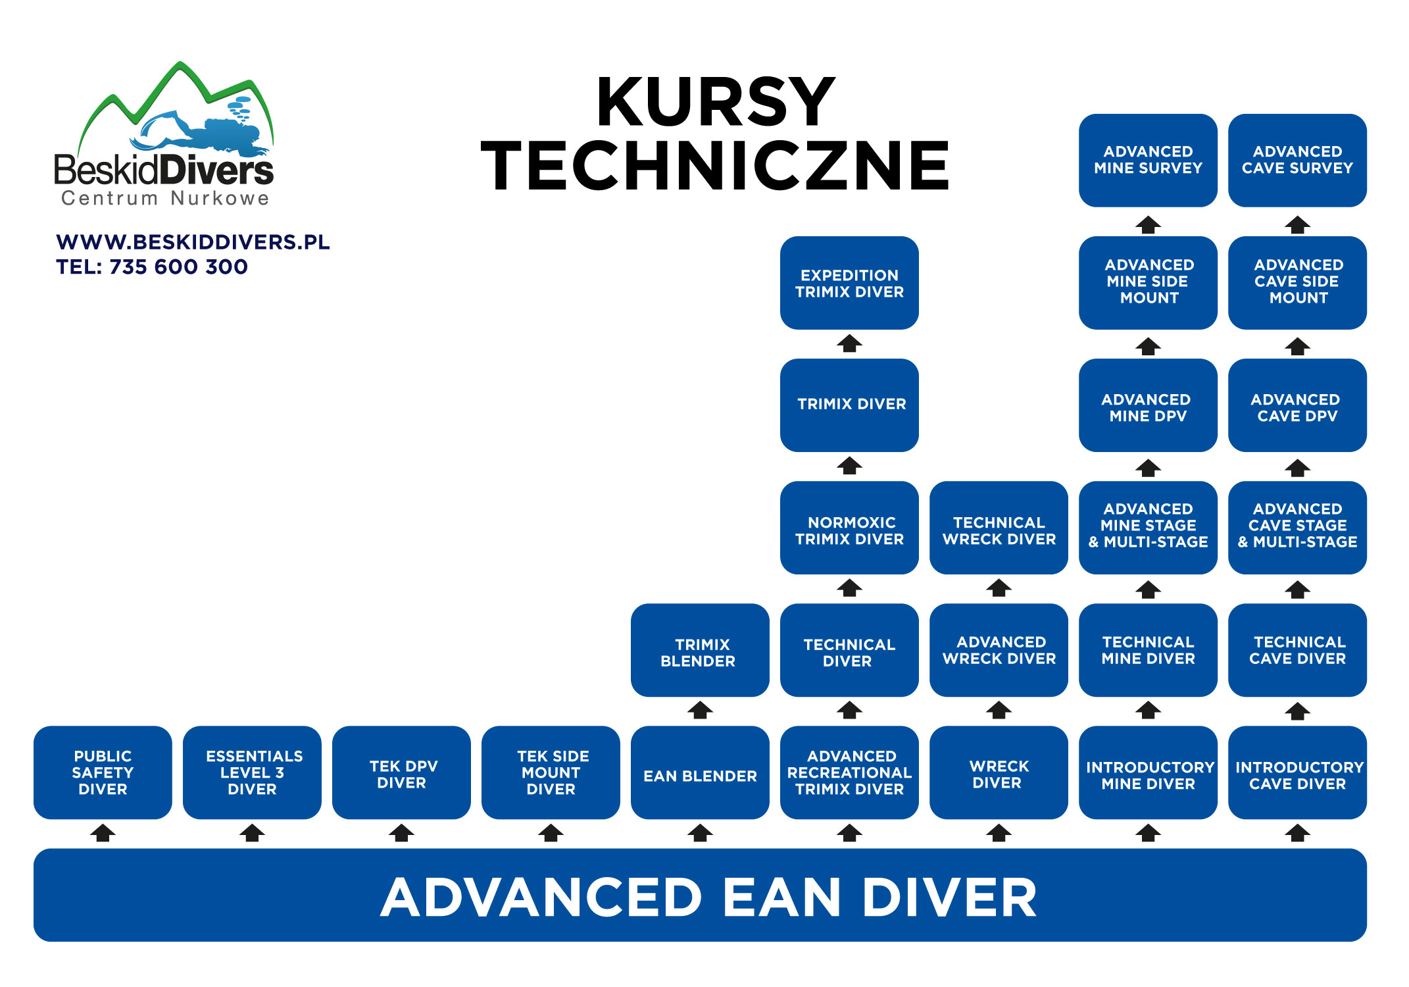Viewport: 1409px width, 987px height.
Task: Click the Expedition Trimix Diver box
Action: (849, 283)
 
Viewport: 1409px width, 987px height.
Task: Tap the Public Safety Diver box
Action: (103, 772)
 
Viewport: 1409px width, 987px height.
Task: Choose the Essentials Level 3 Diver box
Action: (252, 772)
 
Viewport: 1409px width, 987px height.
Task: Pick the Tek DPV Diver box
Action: (401, 772)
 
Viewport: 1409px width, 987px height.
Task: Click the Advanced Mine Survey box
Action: (1148, 160)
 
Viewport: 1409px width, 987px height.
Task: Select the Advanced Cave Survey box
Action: (1297, 160)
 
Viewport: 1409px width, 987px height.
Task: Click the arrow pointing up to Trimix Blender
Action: (700, 711)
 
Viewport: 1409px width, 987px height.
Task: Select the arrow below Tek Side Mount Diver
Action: (551, 834)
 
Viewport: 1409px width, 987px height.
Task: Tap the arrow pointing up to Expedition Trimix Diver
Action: (849, 343)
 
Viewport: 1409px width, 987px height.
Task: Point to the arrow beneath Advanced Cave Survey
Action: (1297, 225)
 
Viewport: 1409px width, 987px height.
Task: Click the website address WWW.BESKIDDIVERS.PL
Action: (193, 242)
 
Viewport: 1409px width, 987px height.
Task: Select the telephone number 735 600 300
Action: (178, 267)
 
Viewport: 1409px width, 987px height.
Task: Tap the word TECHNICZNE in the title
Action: (715, 166)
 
